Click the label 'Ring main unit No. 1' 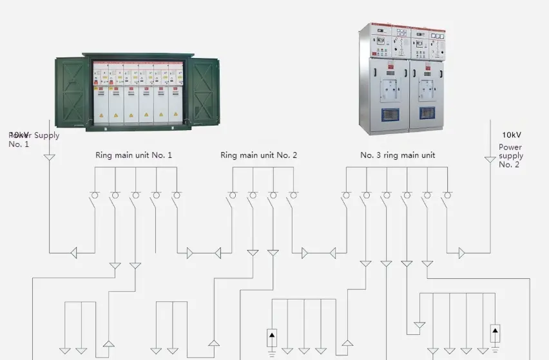click(x=133, y=155)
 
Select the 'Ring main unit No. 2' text click(x=258, y=155)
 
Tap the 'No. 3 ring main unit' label click(x=398, y=155)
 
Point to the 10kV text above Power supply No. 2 click(x=511, y=135)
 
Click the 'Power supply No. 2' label click(x=511, y=156)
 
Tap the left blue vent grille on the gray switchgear click(x=391, y=113)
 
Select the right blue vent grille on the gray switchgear click(x=428, y=113)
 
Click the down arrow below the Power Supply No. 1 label click(x=49, y=157)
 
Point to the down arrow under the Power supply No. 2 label click(x=490, y=159)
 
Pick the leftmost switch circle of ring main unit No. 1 click(x=95, y=195)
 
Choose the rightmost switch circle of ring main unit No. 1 click(x=176, y=195)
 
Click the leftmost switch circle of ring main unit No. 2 click(x=233, y=195)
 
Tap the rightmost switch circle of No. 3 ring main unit click(x=447, y=195)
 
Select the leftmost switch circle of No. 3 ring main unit click(x=346, y=195)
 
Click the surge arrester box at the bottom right click(x=495, y=334)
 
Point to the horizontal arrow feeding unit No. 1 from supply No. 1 click(x=73, y=253)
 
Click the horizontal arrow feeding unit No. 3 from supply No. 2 click(x=461, y=253)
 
